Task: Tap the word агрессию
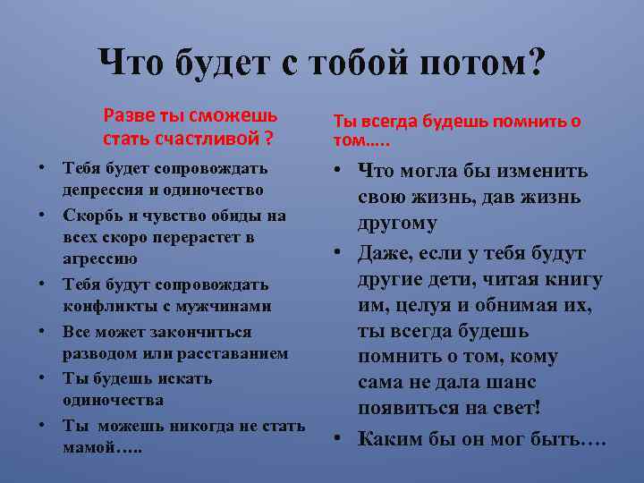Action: tap(99, 259)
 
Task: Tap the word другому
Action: tap(396, 224)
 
